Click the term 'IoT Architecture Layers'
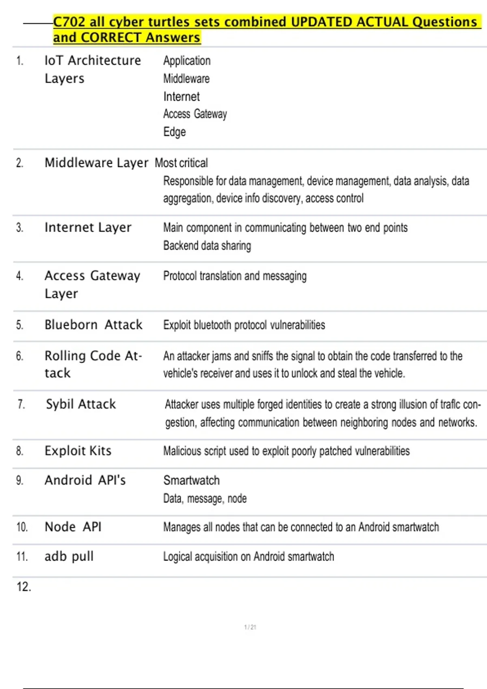[93, 69]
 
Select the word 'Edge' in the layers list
[175, 132]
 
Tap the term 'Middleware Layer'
[96, 163]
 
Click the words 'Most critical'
[181, 163]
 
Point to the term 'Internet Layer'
[88, 228]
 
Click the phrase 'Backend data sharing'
[207, 246]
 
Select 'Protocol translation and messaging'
[235, 276]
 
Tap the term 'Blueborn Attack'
[93, 325]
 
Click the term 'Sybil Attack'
[81, 404]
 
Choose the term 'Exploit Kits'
[78, 451]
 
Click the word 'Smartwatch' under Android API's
[191, 480]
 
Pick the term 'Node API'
[73, 527]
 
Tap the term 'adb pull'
[69, 556]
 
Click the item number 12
[24, 586]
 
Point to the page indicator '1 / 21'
[250, 627]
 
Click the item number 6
[19, 356]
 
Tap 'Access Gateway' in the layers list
[195, 114]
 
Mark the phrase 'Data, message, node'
[205, 499]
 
